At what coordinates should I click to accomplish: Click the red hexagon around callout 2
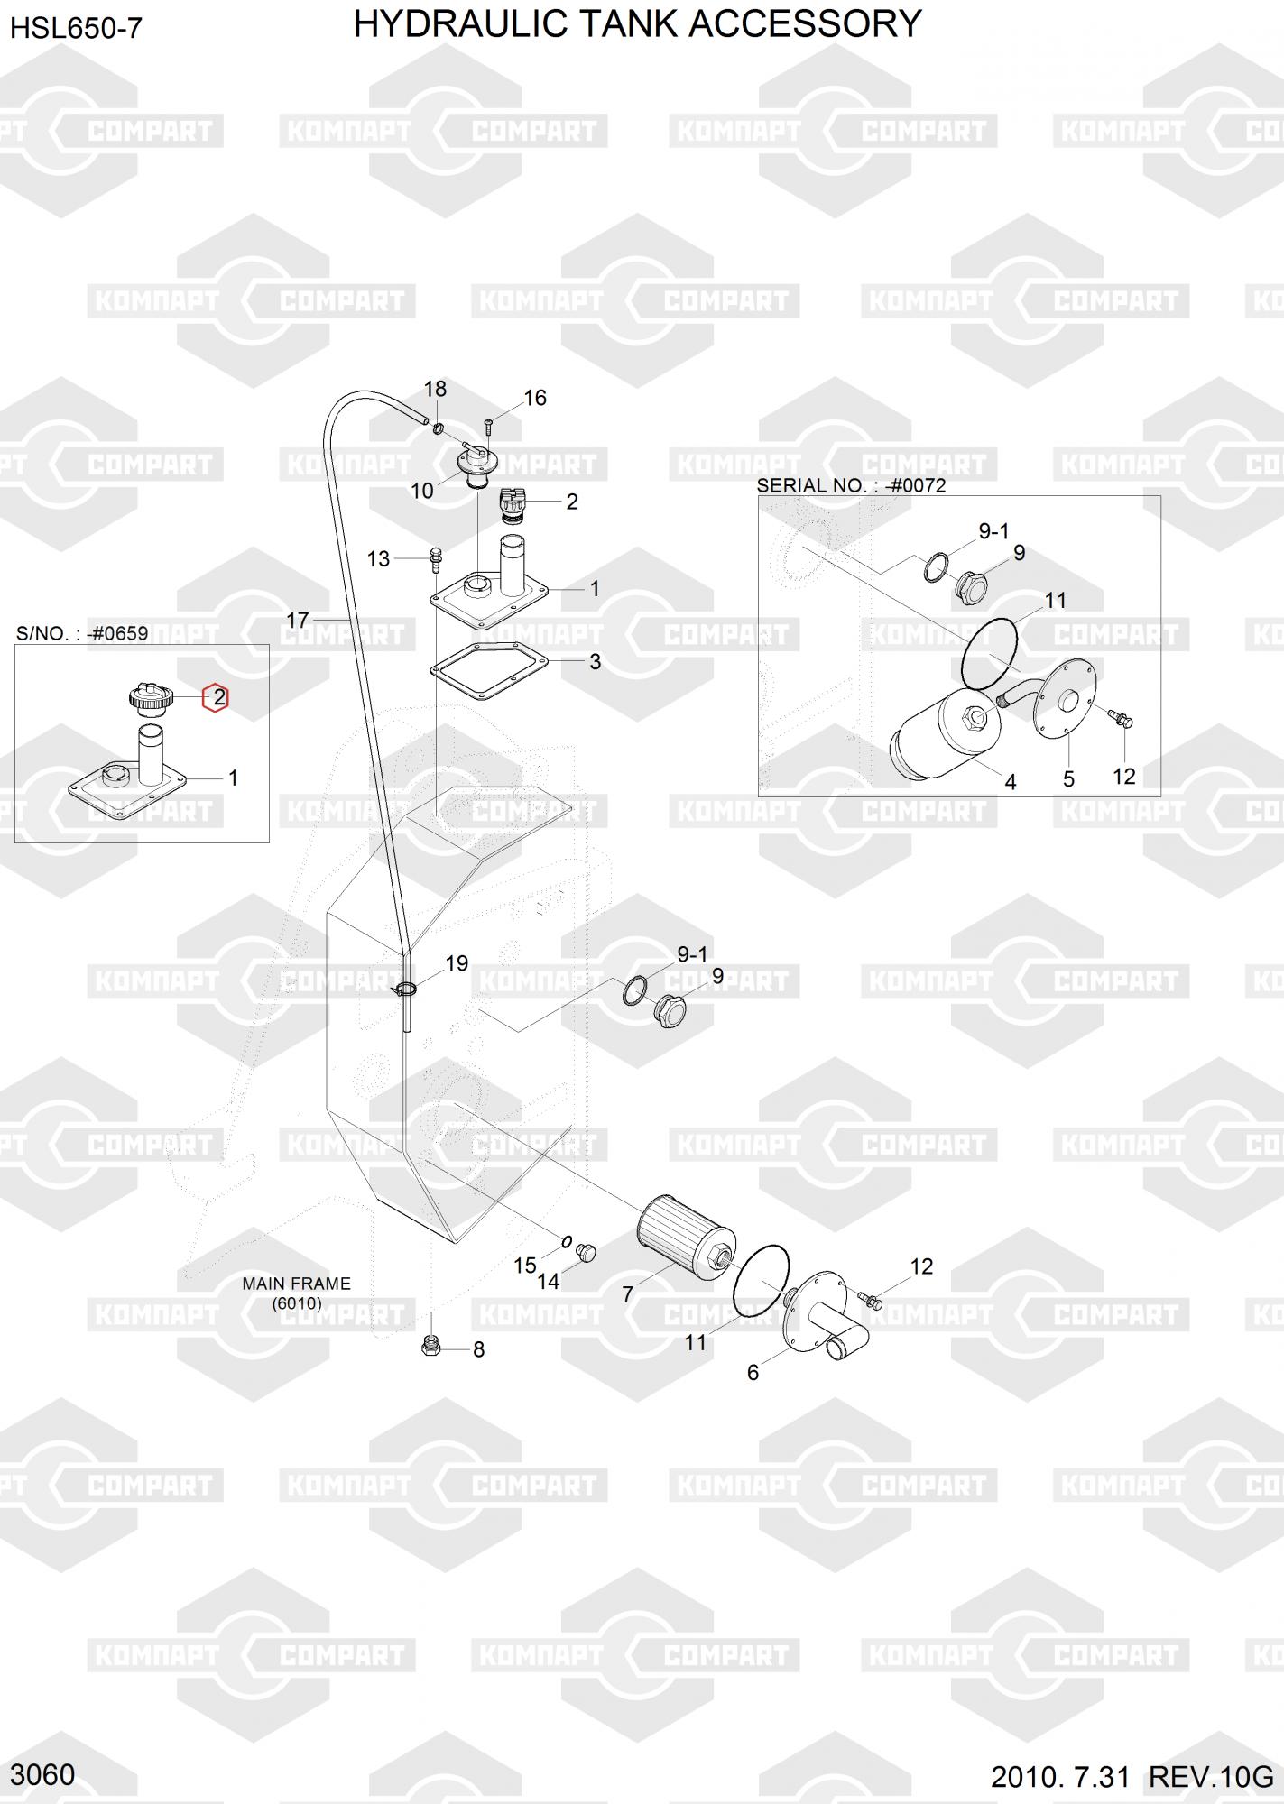tap(216, 697)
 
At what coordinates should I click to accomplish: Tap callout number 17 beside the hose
tap(298, 621)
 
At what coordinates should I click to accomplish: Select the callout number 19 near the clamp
tap(457, 963)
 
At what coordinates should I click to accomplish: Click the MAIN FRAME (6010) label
tap(296, 1293)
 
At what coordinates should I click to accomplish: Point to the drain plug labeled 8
tap(430, 1347)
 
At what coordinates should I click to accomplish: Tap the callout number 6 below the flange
tap(753, 1372)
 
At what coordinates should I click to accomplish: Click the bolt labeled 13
tap(436, 558)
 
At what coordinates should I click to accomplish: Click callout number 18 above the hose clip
tap(435, 389)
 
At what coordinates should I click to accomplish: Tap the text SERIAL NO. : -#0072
tap(851, 485)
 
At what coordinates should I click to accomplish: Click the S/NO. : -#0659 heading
tap(82, 633)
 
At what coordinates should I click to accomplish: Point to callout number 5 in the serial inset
tap(1068, 778)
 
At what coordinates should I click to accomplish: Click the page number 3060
tap(42, 1774)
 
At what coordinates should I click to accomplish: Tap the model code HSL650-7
tap(76, 29)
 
